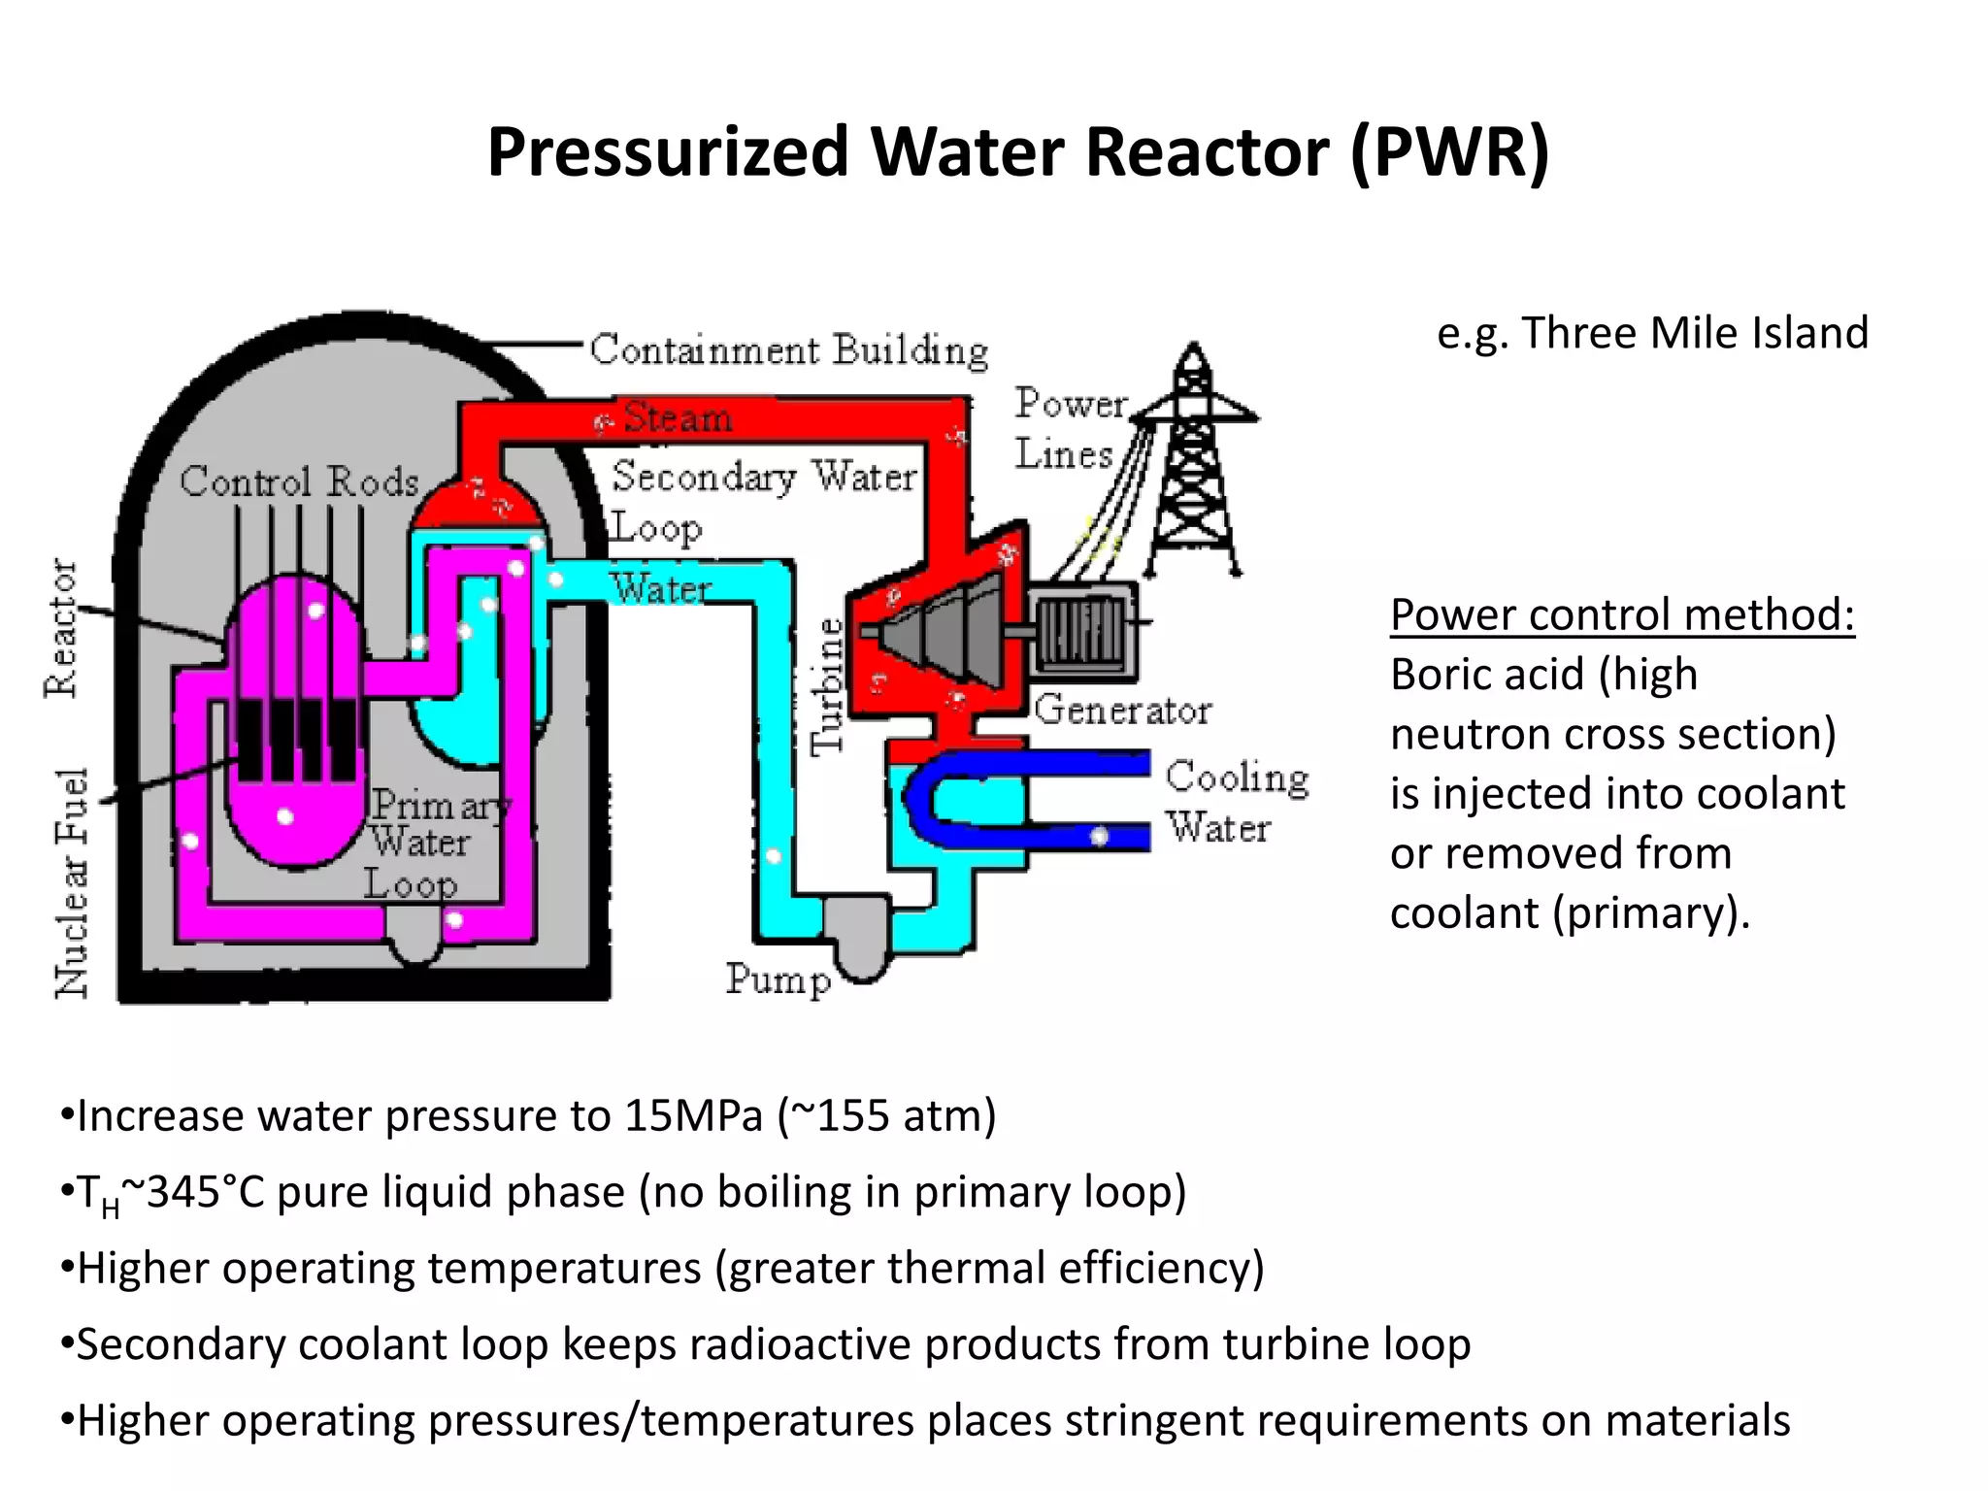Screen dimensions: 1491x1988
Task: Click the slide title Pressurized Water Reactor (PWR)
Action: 1017,153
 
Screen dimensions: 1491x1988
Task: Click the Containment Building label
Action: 788,350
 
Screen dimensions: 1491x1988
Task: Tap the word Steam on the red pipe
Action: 678,417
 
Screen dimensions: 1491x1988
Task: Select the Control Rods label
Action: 299,481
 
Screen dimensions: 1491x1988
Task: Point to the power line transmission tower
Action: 1193,466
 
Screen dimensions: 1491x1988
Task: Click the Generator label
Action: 1122,710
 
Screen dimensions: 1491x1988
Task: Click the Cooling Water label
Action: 1236,802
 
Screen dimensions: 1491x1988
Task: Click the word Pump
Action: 778,978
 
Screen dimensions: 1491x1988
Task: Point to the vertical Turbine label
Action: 828,685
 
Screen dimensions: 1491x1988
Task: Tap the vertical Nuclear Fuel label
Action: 72,882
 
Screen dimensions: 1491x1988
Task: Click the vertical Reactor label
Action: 61,627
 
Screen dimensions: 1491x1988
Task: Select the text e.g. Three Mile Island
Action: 1652,333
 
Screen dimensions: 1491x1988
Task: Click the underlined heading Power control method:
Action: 1621,614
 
